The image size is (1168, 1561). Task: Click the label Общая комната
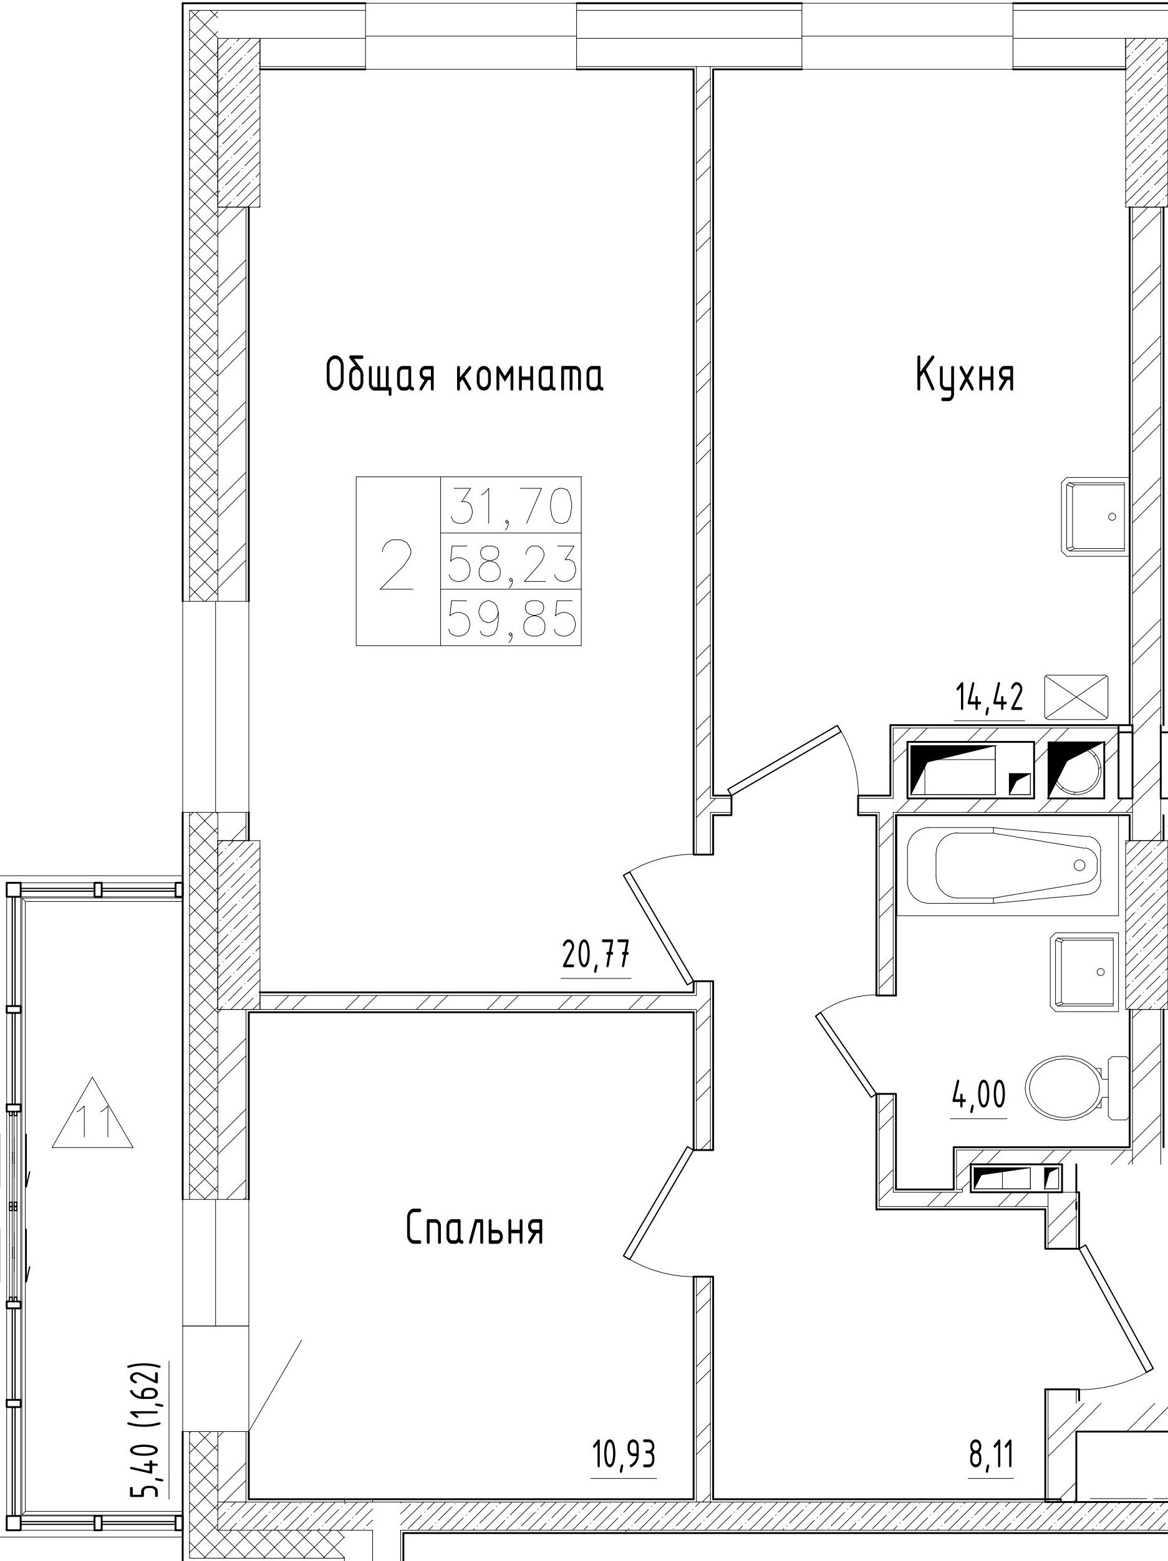coord(465,375)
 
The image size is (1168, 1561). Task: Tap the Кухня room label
coord(965,375)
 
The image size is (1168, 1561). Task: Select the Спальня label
coord(475,1229)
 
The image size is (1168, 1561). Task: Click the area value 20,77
coord(596,956)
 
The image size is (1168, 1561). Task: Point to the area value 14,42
coord(989,698)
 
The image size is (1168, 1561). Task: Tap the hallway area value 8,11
coord(991,1454)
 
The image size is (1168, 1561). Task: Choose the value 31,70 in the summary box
coord(511,505)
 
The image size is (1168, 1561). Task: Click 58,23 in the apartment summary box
coord(511,563)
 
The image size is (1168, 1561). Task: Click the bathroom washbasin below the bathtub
coord(1084,971)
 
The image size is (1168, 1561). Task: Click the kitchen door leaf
coord(783,758)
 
